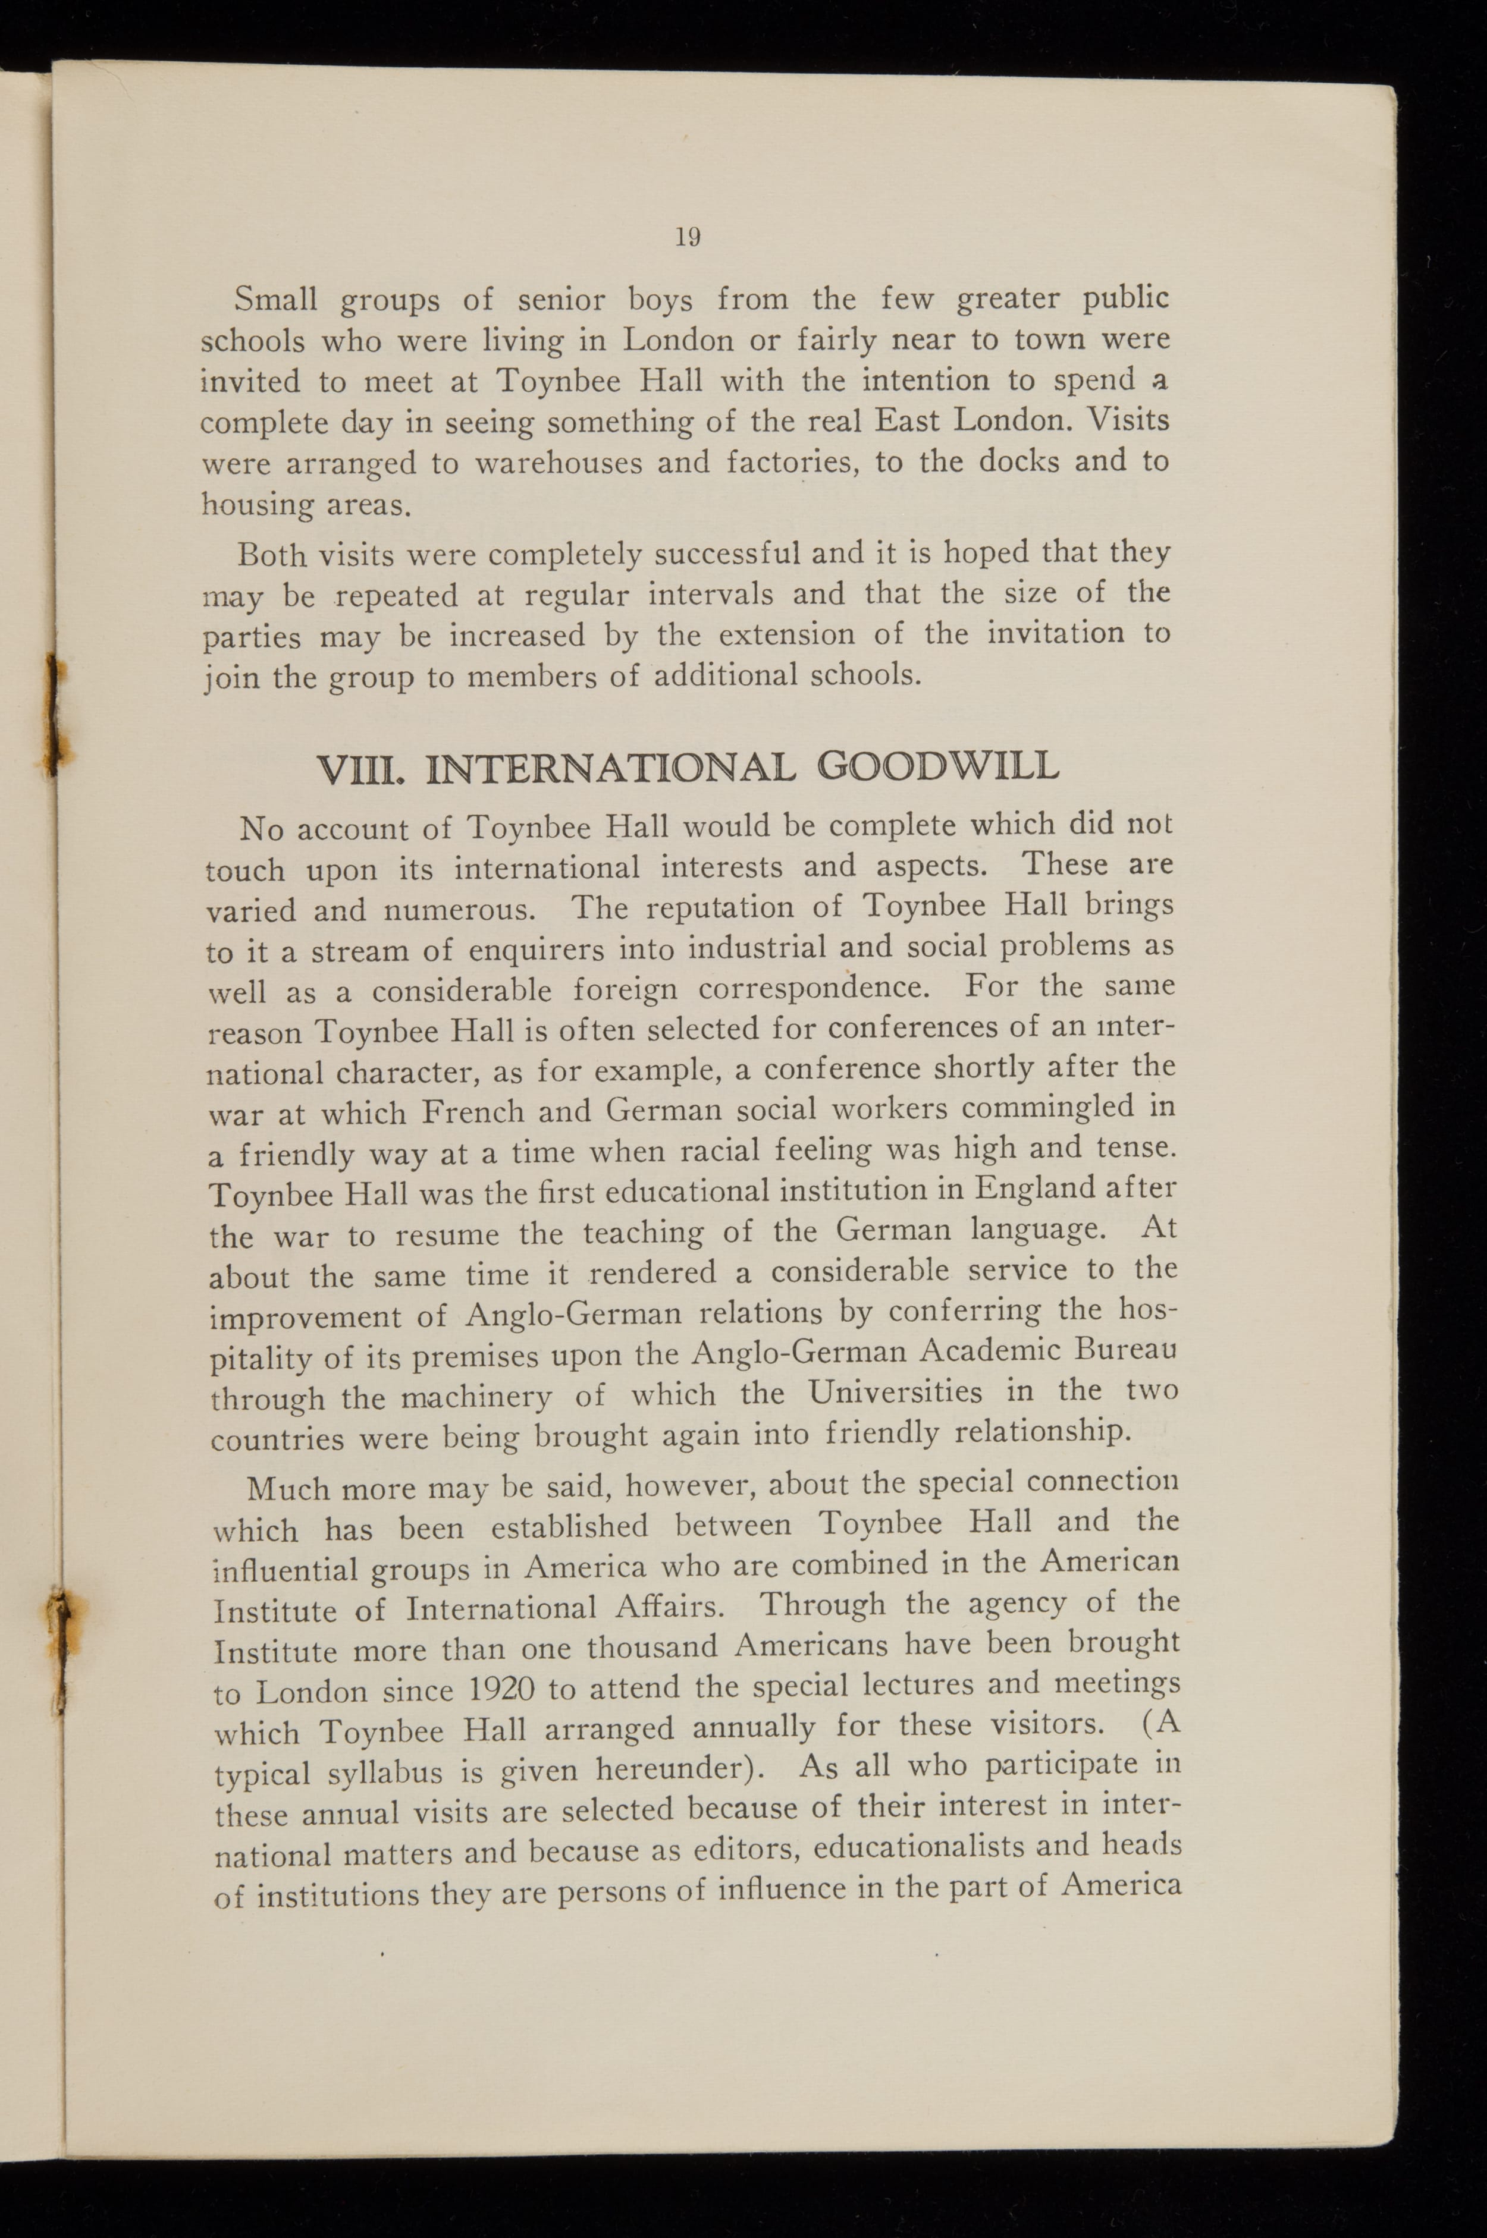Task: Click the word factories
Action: pyautogui.click(x=795, y=463)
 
